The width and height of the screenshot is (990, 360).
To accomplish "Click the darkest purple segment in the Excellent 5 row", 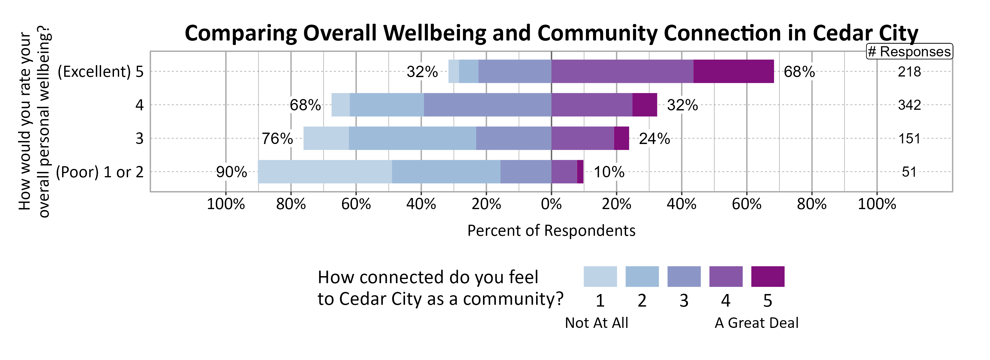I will [x=733, y=71].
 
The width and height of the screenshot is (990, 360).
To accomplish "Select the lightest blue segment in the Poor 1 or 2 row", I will [x=325, y=172].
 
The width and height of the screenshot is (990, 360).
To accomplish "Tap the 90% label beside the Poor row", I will [x=231, y=172].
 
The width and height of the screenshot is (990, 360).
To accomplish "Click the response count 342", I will [x=909, y=105].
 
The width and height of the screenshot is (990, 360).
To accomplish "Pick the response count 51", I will [x=909, y=172].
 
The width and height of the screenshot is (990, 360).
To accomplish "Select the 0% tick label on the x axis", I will [x=551, y=204].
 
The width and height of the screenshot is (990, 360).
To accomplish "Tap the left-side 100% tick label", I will [x=226, y=204].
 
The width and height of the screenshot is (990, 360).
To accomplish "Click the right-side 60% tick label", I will [x=746, y=204].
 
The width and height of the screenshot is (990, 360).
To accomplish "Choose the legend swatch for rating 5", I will [x=767, y=276].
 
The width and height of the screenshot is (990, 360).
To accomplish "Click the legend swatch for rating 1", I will [x=600, y=276].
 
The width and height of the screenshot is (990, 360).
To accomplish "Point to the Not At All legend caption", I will [x=596, y=323].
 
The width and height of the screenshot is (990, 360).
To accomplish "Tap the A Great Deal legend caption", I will [x=756, y=323].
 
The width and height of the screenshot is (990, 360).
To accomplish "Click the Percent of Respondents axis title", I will [x=551, y=230].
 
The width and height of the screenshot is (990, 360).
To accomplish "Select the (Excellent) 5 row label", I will [x=100, y=72].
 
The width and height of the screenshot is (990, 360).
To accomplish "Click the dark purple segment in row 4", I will [x=644, y=105].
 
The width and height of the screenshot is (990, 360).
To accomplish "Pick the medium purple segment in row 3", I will [x=583, y=138].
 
